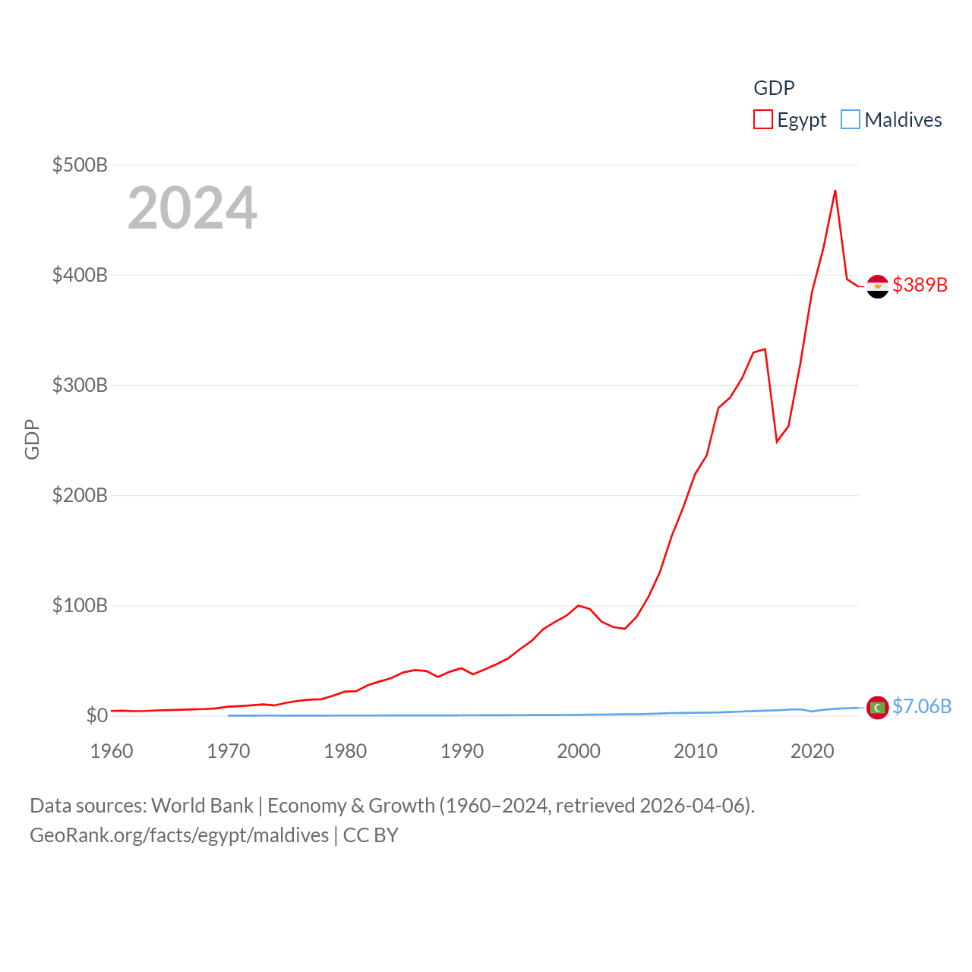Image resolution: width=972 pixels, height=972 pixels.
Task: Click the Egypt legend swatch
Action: pyautogui.click(x=762, y=120)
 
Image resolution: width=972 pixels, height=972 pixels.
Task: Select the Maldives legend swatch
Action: pyautogui.click(x=850, y=120)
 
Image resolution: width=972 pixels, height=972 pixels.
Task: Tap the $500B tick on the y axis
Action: pyautogui.click(x=80, y=165)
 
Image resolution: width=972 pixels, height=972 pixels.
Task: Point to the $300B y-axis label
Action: pyautogui.click(x=80, y=385)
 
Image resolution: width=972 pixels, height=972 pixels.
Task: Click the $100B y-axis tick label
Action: pyautogui.click(x=80, y=605)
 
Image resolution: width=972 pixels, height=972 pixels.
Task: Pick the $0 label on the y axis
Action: pyautogui.click(x=96, y=715)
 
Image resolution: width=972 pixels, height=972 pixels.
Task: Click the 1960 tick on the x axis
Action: pyautogui.click(x=112, y=751)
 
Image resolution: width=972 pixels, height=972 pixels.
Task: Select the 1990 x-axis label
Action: pyautogui.click(x=462, y=751)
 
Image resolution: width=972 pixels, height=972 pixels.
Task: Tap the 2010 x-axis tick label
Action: pyautogui.click(x=696, y=751)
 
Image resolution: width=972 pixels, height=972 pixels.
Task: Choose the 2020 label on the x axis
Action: pyautogui.click(x=813, y=751)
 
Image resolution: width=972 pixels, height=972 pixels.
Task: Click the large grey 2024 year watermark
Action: pyautogui.click(x=192, y=208)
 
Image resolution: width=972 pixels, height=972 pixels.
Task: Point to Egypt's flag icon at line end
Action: pyautogui.click(x=878, y=286)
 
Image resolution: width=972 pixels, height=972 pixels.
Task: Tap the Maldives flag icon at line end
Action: pyautogui.click(x=878, y=708)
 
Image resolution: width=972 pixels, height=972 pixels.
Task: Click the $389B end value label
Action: pyautogui.click(x=920, y=285)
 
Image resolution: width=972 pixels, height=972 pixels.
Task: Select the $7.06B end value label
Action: pyautogui.click(x=922, y=706)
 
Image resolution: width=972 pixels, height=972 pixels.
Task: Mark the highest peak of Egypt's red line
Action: pyautogui.click(x=835, y=191)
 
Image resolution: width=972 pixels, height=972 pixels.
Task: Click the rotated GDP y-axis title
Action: pyautogui.click(x=32, y=439)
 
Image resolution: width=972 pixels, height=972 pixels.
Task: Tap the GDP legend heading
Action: pyautogui.click(x=774, y=88)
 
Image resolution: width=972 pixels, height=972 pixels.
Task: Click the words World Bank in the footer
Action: pyautogui.click(x=203, y=805)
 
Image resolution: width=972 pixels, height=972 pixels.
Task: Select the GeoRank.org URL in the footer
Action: pyautogui.click(x=179, y=835)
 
